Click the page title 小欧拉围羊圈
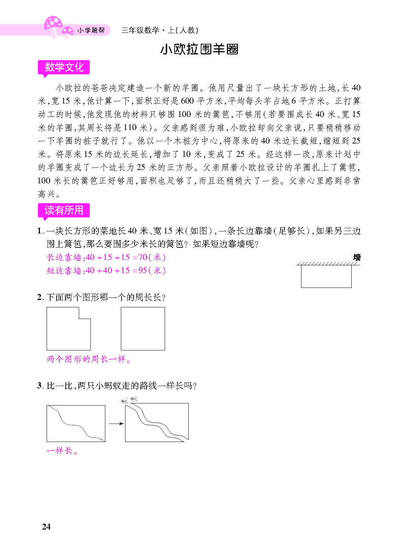pyautogui.click(x=199, y=49)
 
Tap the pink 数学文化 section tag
pyautogui.click(x=64, y=67)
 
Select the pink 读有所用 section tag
pyautogui.click(x=64, y=210)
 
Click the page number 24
pyautogui.click(x=46, y=526)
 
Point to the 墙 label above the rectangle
pyautogui.click(x=357, y=258)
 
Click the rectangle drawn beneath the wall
pyautogui.click(x=326, y=276)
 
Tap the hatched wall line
pyautogui.click(x=328, y=264)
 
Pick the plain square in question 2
pyautogui.click(x=143, y=329)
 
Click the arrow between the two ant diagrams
pyautogui.click(x=116, y=424)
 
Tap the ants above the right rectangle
pyautogui.click(x=129, y=400)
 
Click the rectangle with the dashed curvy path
pyautogui.click(x=76, y=423)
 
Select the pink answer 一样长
pyautogui.click(x=62, y=451)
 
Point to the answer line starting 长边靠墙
pyautogui.click(x=106, y=257)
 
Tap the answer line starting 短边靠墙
pyautogui.click(x=106, y=271)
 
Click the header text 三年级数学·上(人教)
pyautogui.click(x=159, y=30)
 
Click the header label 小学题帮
pyautogui.click(x=91, y=31)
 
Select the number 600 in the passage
pyautogui.click(x=187, y=101)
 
